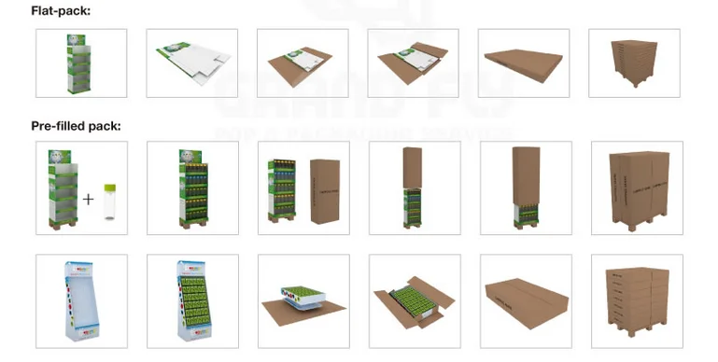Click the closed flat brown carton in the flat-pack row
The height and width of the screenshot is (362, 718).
coord(524,65)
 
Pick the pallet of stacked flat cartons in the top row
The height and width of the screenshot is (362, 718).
coord(634,63)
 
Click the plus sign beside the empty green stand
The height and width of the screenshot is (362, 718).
coord(90,199)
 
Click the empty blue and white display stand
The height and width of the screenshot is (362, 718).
coord(79,298)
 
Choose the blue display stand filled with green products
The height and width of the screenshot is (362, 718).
coord(191,298)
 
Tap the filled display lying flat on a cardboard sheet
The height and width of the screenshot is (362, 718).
coord(301,298)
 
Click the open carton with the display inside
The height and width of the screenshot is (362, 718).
coord(414,299)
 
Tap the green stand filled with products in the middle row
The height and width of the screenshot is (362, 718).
coord(192,186)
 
